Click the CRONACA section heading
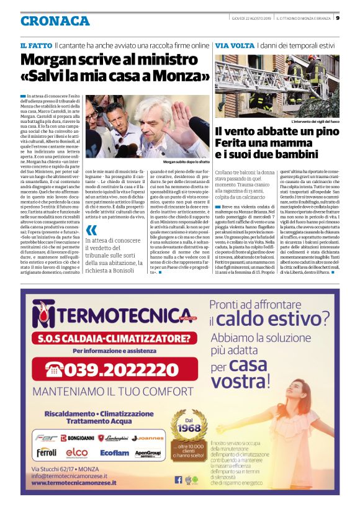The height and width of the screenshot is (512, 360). point(55,21)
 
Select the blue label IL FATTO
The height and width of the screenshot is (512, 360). point(35,46)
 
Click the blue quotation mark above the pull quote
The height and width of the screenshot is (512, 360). point(92,229)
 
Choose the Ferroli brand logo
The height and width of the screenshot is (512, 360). point(46,453)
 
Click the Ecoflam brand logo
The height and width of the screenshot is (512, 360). point(115,453)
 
